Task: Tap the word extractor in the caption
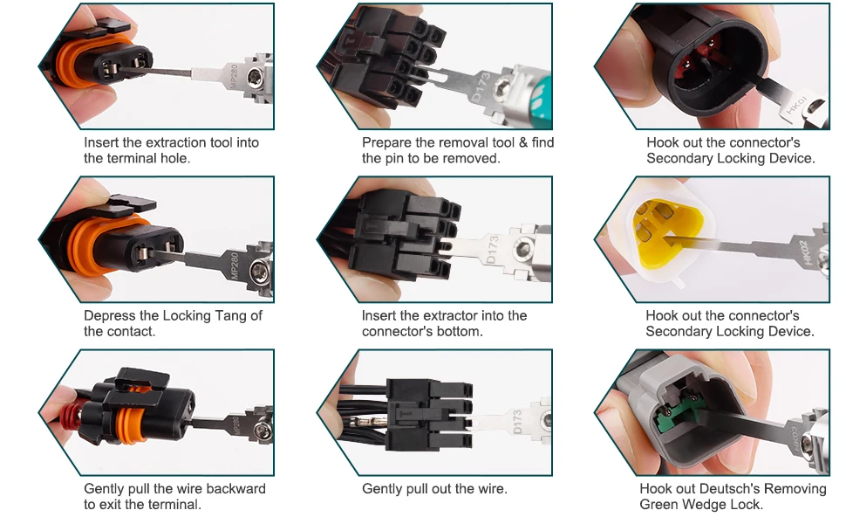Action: point(451,315)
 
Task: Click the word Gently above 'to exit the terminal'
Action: point(104,489)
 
